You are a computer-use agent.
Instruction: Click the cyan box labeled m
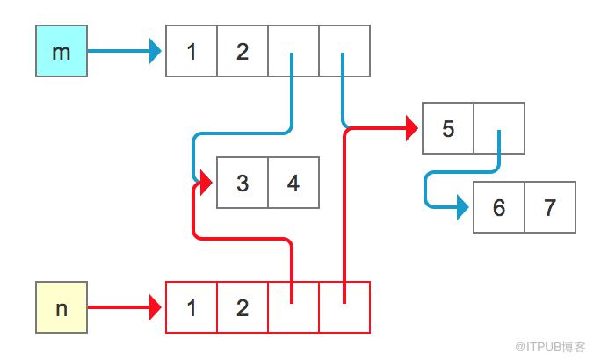click(x=62, y=51)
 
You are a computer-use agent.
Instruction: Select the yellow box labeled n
click(x=62, y=307)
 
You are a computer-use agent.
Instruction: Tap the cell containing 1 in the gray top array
click(x=192, y=51)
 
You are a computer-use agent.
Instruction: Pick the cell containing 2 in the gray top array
click(x=243, y=51)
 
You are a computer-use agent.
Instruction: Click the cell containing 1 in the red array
click(x=192, y=307)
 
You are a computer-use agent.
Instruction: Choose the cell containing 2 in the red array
click(x=243, y=307)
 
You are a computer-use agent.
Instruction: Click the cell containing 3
click(x=243, y=183)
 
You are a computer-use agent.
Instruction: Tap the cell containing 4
click(x=293, y=183)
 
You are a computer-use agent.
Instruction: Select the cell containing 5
click(x=448, y=128)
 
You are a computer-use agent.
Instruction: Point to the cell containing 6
click(x=499, y=207)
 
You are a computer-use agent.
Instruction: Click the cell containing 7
click(x=550, y=207)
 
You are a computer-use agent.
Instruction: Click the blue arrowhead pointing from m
click(x=156, y=51)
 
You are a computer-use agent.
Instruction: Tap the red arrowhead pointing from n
click(x=156, y=307)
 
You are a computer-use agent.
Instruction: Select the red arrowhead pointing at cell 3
click(x=206, y=183)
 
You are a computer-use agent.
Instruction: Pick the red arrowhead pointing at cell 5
click(x=412, y=128)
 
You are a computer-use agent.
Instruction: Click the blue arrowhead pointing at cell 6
click(x=463, y=207)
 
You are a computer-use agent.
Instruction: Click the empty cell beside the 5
click(x=499, y=128)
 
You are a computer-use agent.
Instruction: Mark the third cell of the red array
click(x=293, y=307)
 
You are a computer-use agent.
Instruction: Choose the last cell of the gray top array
click(x=344, y=51)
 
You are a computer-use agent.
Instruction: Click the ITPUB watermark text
click(x=550, y=347)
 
